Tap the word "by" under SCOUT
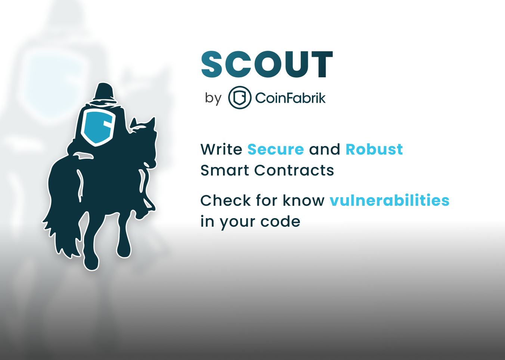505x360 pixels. [213, 98]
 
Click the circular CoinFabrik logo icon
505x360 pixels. [239, 98]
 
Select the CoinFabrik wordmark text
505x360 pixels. [290, 98]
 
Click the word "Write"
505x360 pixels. [221, 149]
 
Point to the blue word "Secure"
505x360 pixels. [276, 149]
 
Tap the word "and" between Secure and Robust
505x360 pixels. [325, 149]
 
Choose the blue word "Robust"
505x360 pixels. [374, 149]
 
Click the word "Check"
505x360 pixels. [226, 201]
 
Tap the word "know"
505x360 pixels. [304, 201]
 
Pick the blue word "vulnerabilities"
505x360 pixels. [389, 201]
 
